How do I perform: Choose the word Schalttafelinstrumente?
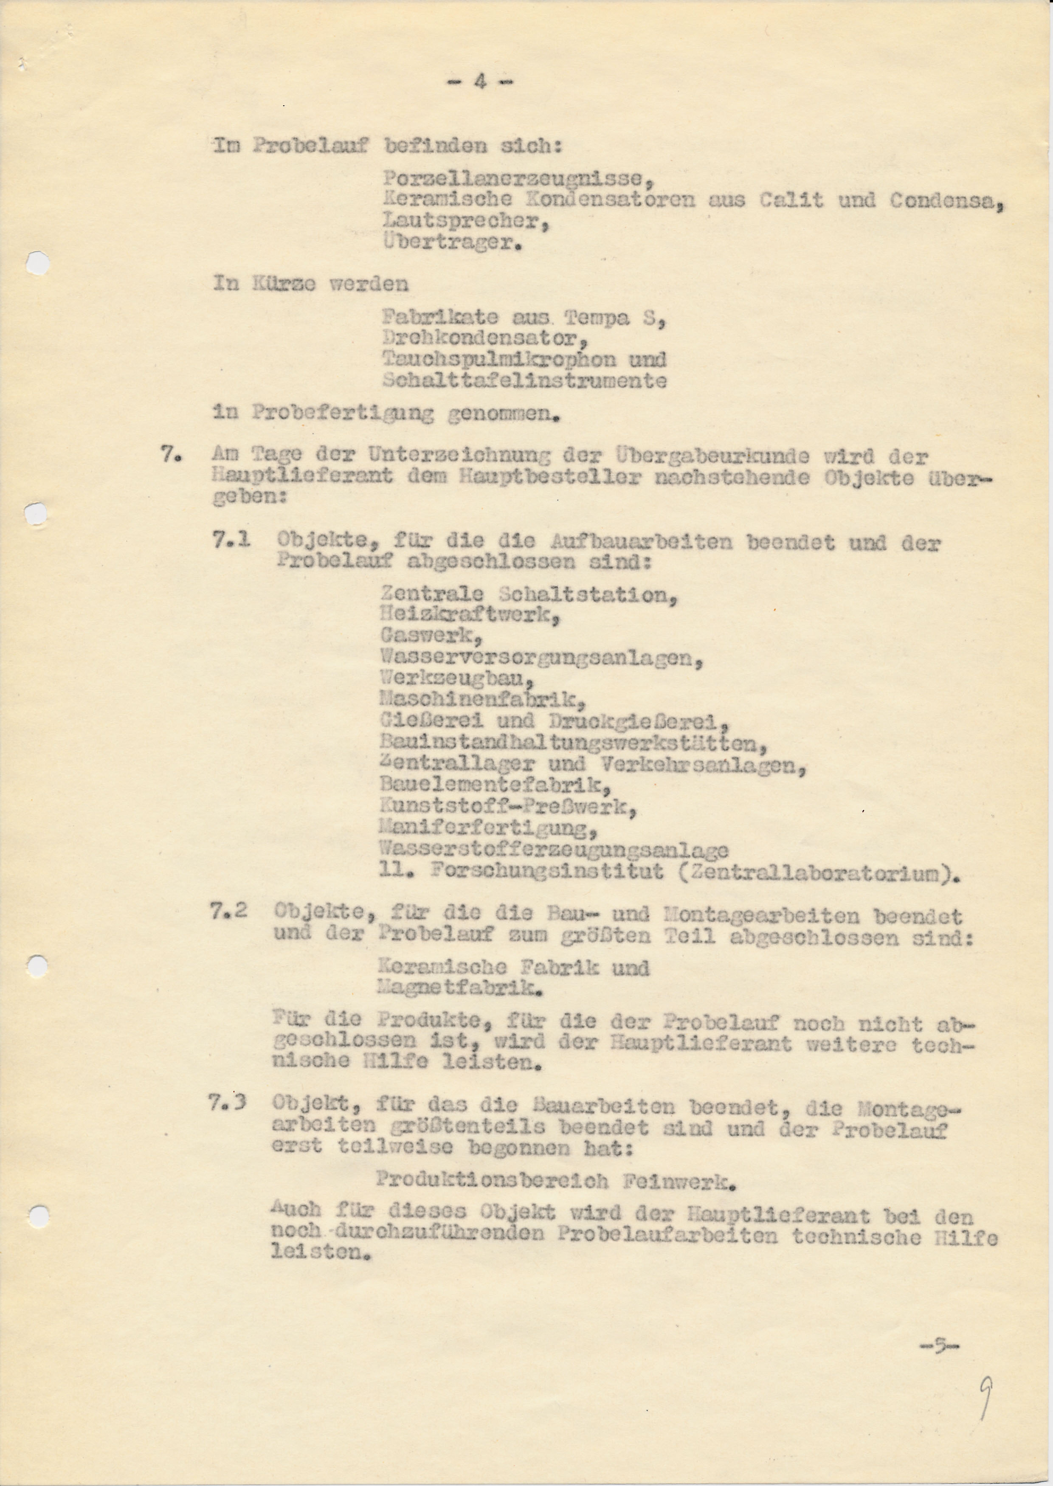click(x=524, y=380)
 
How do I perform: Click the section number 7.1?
click(x=231, y=540)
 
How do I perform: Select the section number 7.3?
click(x=229, y=1103)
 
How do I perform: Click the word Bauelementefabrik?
click(x=496, y=786)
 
